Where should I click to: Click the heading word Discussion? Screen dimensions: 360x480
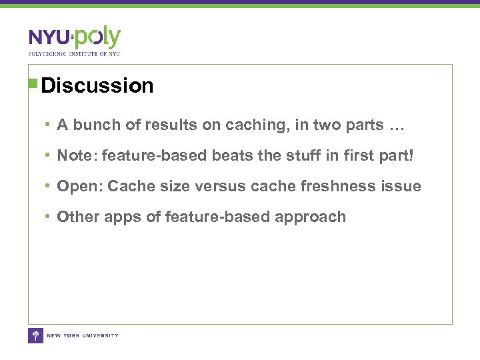point(97,86)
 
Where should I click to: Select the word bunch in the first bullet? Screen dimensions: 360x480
point(95,125)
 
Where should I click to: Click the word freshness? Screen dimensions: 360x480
point(338,186)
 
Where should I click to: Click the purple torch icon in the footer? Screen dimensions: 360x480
point(35,335)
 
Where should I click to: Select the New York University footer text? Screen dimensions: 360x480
point(83,335)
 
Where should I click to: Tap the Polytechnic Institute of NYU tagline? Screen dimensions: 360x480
point(74,53)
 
